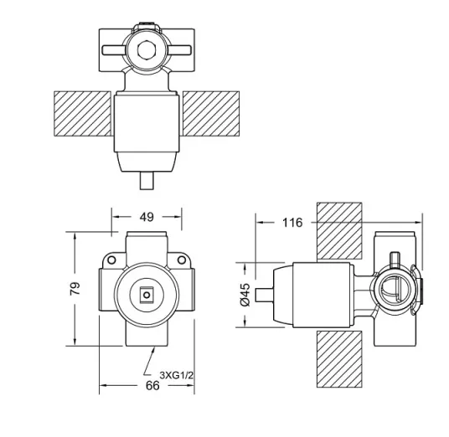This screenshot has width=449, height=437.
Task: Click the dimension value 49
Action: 147,217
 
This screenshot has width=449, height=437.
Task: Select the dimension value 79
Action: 75,289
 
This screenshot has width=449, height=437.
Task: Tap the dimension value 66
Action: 152,385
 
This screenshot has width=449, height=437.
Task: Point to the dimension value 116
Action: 292,223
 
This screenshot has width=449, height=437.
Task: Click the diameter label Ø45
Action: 245,295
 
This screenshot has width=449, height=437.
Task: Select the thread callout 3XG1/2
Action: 177,375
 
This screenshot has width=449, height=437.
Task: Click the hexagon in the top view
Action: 147,49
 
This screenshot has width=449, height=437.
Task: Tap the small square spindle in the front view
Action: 147,295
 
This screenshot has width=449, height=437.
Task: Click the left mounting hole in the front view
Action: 111,260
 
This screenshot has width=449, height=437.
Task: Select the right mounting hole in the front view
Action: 182,260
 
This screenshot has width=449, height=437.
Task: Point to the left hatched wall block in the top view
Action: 82,114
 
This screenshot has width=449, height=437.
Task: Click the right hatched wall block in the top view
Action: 211,114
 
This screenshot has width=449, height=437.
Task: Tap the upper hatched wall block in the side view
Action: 339,231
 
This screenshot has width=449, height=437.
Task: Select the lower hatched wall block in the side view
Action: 339,359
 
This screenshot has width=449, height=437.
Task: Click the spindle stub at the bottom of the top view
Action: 147,181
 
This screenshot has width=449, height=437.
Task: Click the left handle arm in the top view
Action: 113,49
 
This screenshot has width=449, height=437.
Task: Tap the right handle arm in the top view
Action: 180,49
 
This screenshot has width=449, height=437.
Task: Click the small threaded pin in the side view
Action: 395,259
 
